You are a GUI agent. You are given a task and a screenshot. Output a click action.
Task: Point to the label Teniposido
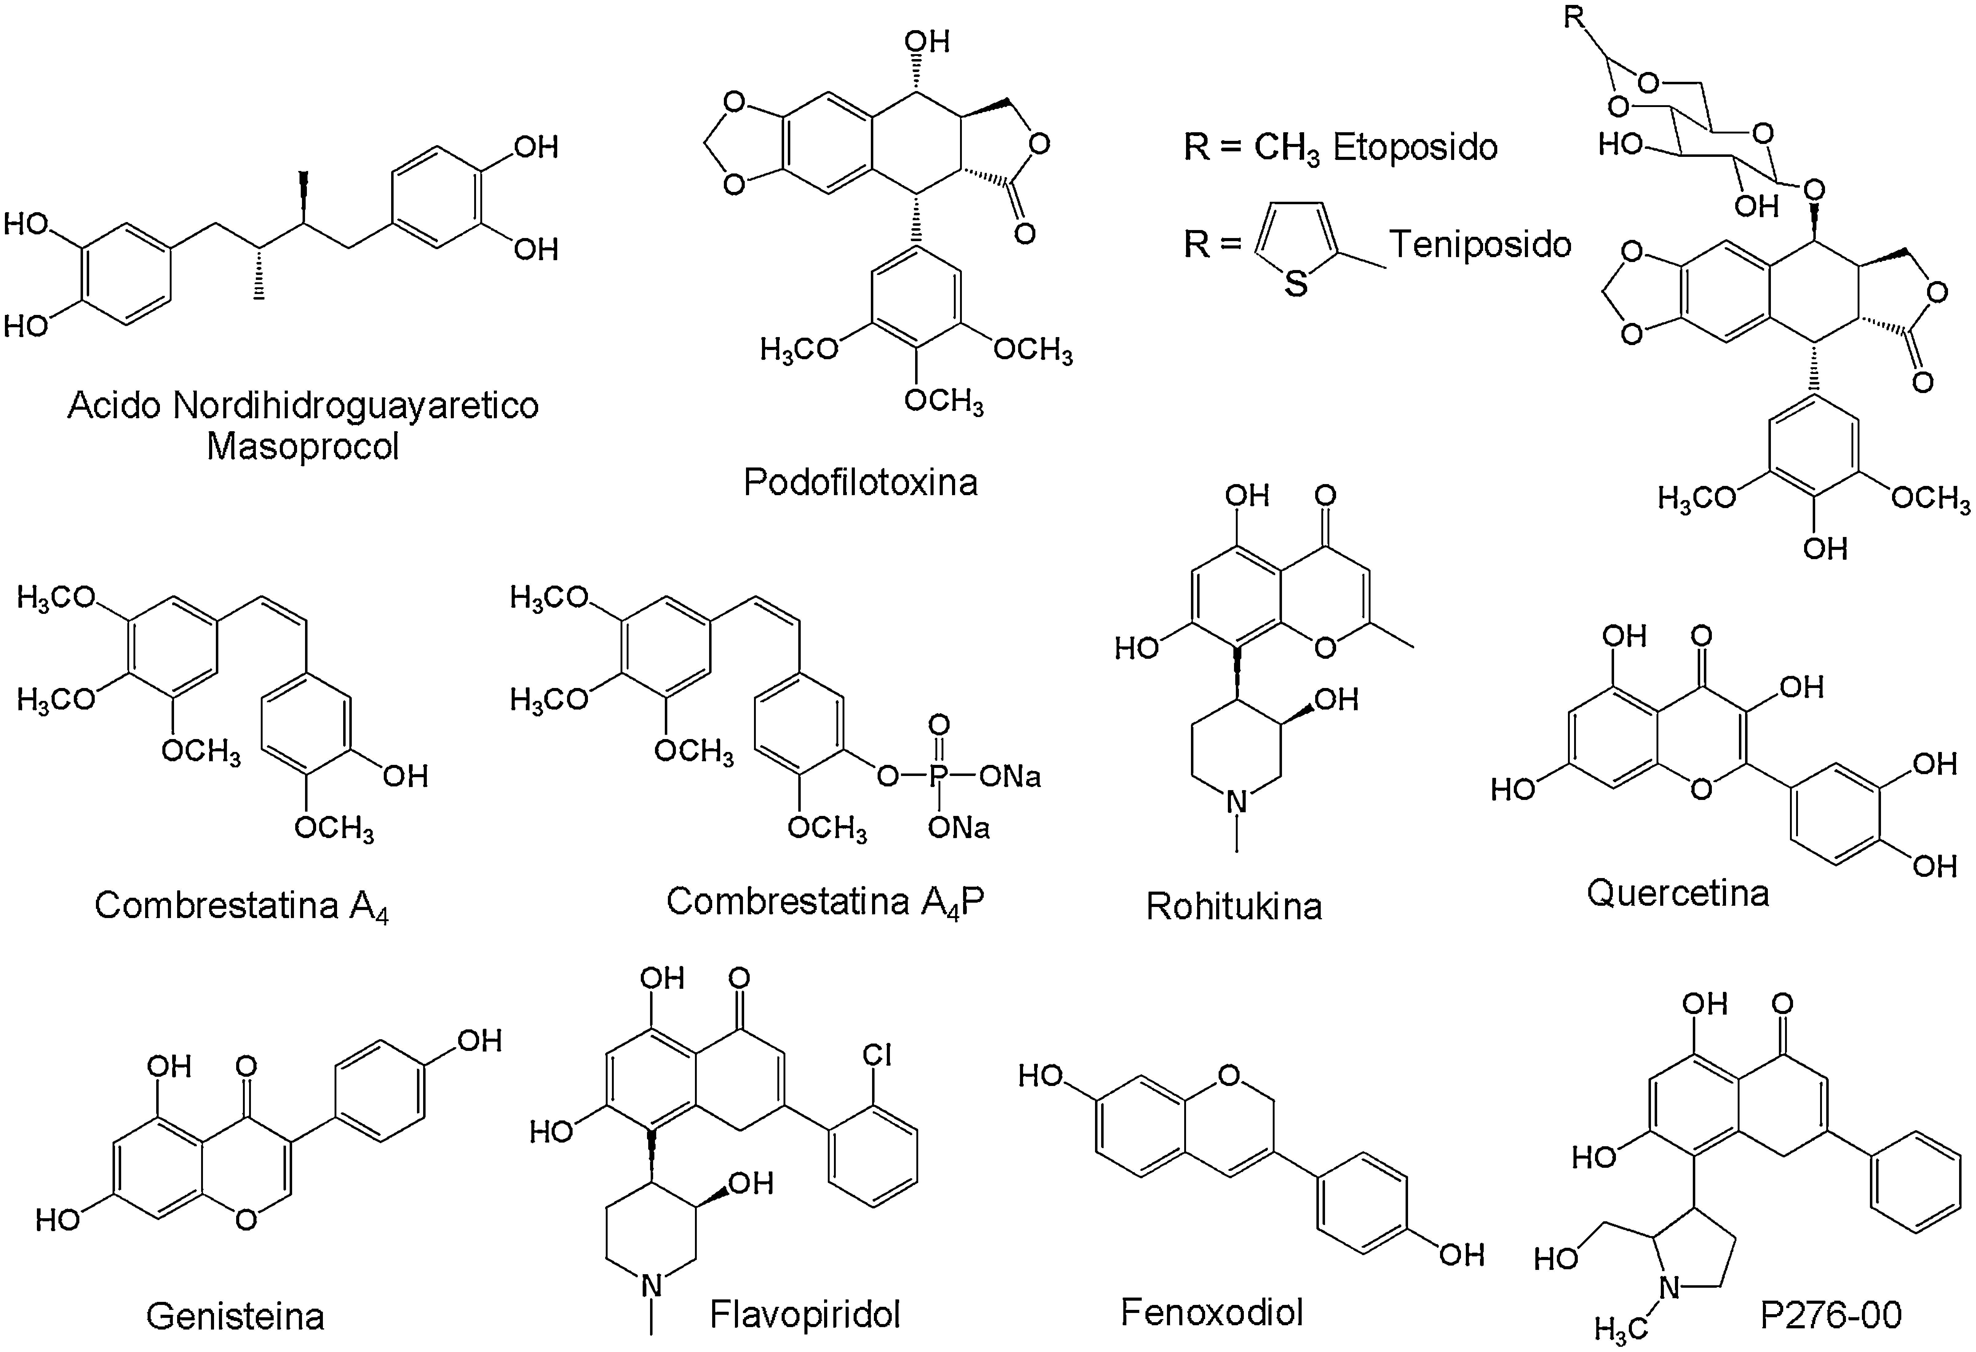[x=1480, y=245]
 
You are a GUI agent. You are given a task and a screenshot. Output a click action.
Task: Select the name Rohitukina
[x=1234, y=906]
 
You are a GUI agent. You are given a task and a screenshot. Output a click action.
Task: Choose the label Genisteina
[x=236, y=1316]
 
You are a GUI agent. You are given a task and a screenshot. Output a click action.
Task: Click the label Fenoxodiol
[x=1212, y=1312]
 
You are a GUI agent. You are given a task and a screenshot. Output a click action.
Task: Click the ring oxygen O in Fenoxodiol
[x=1228, y=1076]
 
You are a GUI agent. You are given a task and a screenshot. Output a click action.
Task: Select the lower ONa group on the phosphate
[x=959, y=827]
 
